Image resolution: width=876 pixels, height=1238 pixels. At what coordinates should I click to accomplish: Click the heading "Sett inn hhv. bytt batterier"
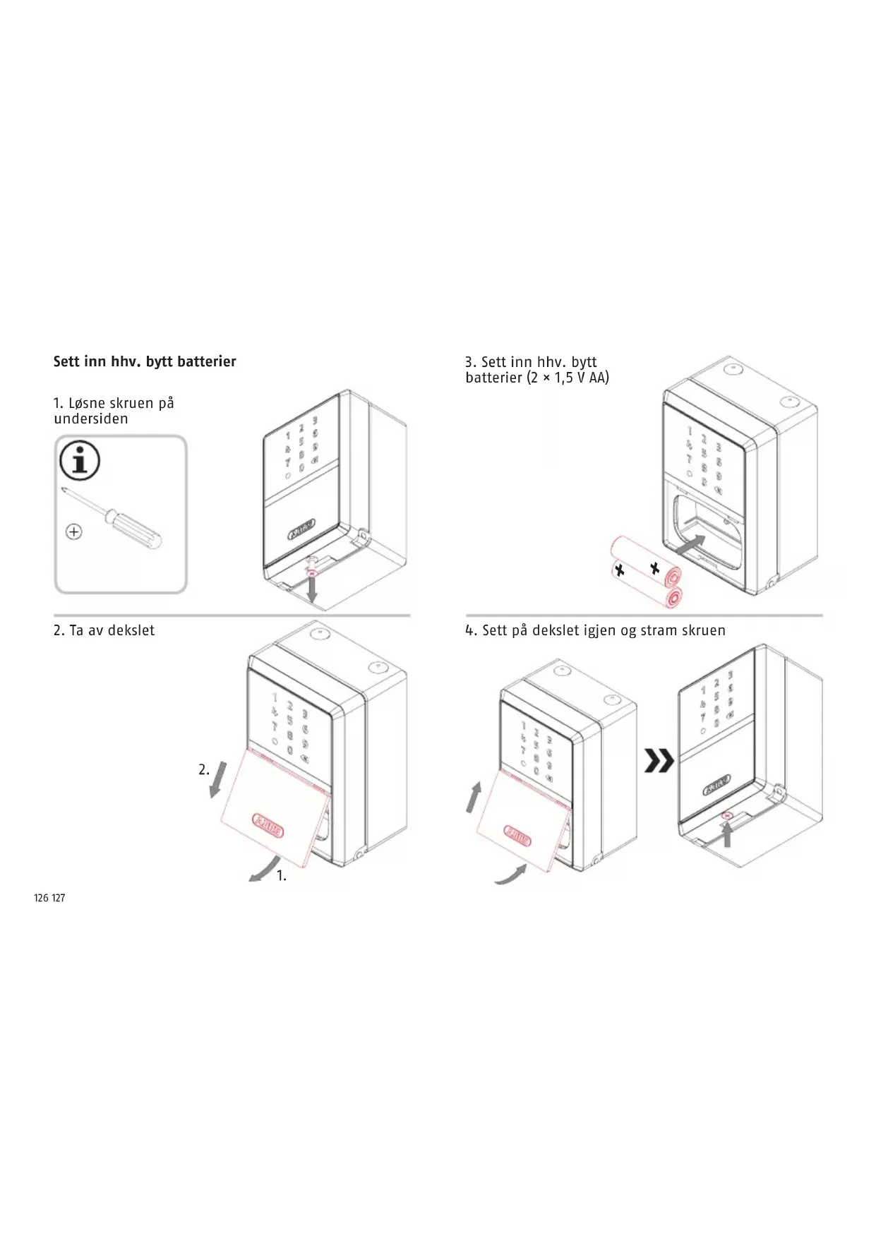click(x=145, y=361)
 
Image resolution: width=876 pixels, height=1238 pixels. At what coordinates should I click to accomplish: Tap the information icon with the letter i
click(x=80, y=462)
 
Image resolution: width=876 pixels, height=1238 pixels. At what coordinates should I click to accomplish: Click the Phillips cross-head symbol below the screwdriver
click(x=73, y=531)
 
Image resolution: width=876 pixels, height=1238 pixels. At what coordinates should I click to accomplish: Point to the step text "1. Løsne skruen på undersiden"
click(x=114, y=411)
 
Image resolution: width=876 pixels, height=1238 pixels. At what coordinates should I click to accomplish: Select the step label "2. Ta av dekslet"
click(x=104, y=630)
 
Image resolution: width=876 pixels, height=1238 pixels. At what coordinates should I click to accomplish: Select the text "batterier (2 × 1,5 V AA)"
click(x=537, y=378)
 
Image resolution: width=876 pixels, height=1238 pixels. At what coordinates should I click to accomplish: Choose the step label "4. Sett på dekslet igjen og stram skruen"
click(x=595, y=630)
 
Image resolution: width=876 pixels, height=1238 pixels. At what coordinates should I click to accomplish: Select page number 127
click(x=59, y=899)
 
